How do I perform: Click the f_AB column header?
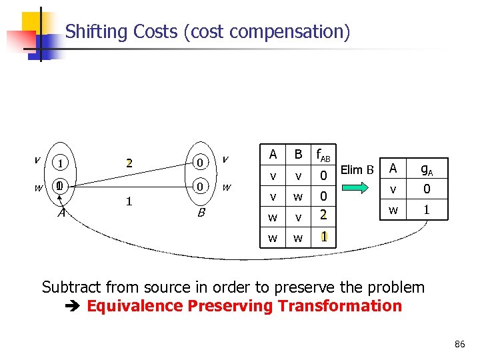click(323, 155)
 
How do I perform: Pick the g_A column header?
click(427, 169)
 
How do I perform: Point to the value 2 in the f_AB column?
click(323, 215)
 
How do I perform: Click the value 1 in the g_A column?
click(427, 209)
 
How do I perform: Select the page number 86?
click(459, 344)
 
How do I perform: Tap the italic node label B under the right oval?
click(200, 213)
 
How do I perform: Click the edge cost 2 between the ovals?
click(131, 163)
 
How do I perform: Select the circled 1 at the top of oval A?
click(61, 163)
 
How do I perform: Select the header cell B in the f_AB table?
click(299, 155)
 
